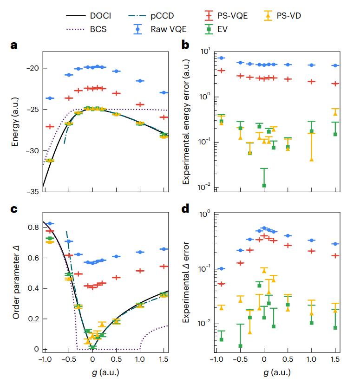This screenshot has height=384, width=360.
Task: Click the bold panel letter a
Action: [x=15, y=45]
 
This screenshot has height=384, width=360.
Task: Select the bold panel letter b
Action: [x=185, y=45]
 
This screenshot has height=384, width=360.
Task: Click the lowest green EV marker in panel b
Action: [x=264, y=185]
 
